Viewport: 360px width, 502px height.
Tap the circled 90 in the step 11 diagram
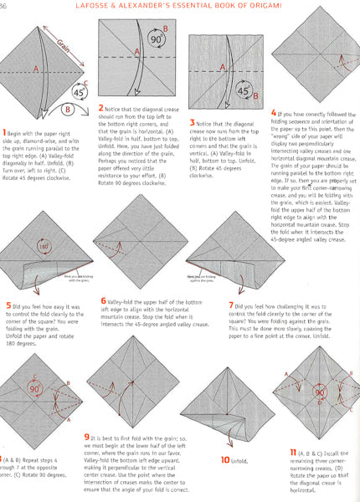(319, 392)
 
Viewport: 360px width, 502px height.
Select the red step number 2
(101, 131)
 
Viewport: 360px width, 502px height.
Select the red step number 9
(111, 437)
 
